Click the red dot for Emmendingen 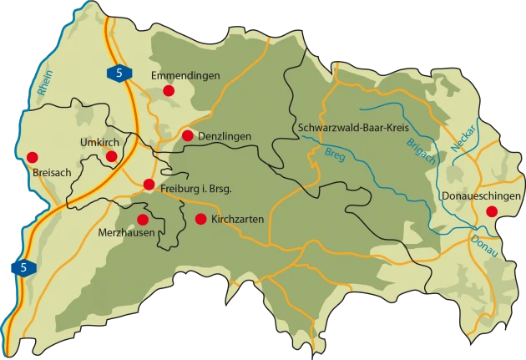point(169,90)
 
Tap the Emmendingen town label point(185,75)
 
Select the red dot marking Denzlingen point(187,135)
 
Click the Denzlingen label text point(227,135)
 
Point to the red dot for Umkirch point(112,155)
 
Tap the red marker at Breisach point(33,156)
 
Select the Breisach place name point(49,173)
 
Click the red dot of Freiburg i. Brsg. point(149,185)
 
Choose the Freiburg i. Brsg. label point(195,187)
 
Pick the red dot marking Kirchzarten point(200,219)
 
